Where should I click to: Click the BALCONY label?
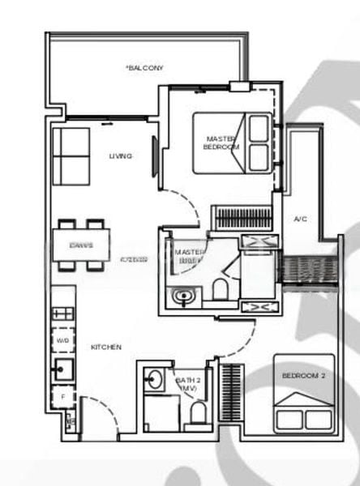tap(145, 69)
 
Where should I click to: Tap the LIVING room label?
tap(121, 156)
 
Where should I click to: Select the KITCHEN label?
tap(106, 347)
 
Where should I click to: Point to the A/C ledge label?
tap(300, 219)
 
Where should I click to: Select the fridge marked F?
tap(62, 397)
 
